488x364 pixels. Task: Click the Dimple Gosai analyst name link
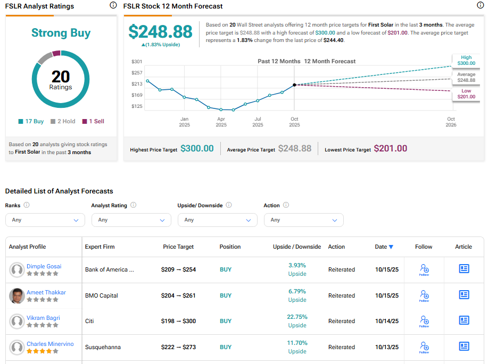[44, 266]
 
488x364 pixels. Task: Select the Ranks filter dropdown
[45, 220]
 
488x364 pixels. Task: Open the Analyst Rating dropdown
[131, 220]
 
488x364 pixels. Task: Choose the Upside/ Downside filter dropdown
[218, 220]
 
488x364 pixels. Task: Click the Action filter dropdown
[304, 220]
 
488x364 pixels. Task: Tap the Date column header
[384, 247]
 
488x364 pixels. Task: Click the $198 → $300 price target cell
[178, 321]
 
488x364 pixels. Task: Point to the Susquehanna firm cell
[103, 347]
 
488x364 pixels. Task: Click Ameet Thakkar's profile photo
[17, 295]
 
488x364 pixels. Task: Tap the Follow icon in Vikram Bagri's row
[424, 320]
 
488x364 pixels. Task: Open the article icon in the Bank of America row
[464, 269]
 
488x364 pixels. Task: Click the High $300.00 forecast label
[466, 61]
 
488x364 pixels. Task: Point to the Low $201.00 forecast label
[466, 94]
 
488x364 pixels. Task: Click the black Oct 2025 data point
[294, 84]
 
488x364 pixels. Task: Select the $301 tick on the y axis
[137, 62]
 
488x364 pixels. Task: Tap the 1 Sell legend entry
[93, 121]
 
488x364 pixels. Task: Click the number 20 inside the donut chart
[61, 77]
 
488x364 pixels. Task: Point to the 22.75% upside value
[297, 317]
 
